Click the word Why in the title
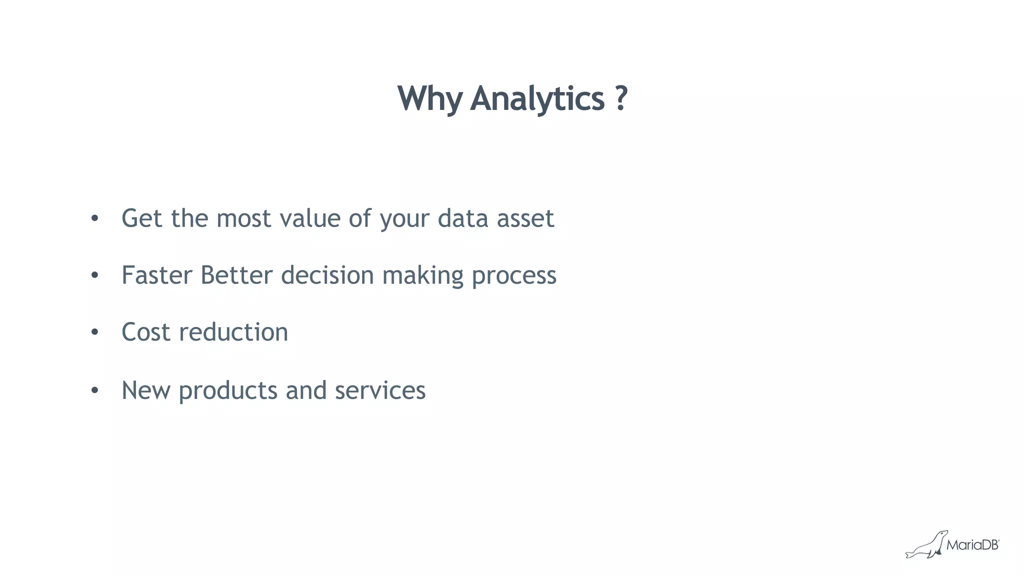(430, 98)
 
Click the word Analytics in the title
(537, 98)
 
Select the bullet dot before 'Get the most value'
(95, 218)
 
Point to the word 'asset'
(525, 218)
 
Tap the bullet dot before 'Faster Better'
(95, 275)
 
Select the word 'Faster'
(157, 275)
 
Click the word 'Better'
(236, 275)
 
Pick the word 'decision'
(327, 275)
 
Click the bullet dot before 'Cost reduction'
(95, 332)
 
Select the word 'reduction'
(233, 332)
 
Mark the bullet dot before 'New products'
(95, 390)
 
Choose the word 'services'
(380, 390)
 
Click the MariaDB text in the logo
(972, 545)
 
